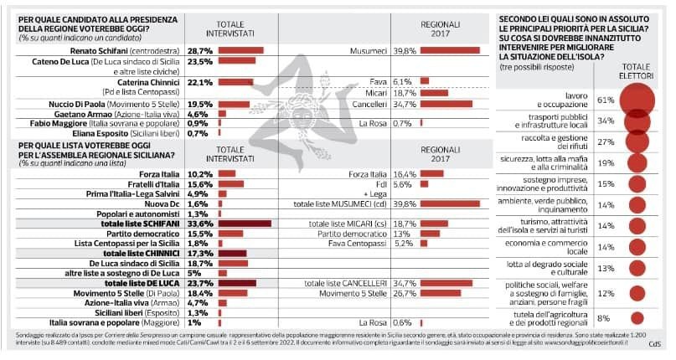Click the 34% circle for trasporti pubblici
640,121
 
